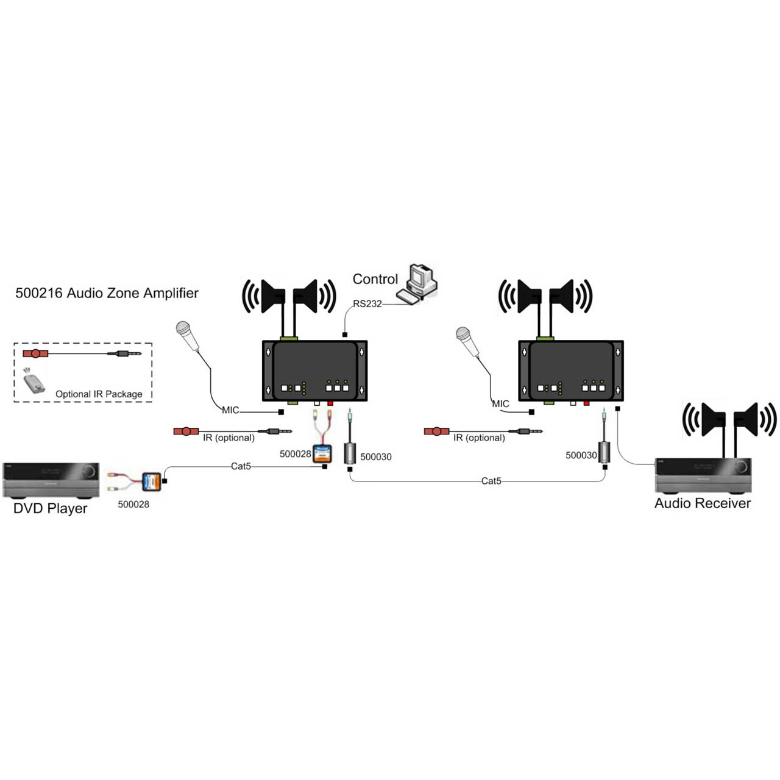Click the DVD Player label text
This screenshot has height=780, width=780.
coord(51,508)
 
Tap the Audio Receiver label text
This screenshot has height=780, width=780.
coord(702,503)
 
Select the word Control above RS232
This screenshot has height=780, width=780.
coord(375,279)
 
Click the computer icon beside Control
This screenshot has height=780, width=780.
coord(419,283)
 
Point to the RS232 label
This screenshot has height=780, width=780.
coord(367,304)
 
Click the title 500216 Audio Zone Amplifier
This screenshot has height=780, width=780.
coord(107,293)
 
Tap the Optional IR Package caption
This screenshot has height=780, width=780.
coord(99,394)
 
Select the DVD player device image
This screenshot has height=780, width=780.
coord(51,480)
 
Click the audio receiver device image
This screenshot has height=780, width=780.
coord(703,475)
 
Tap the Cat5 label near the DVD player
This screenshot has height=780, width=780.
coord(241,466)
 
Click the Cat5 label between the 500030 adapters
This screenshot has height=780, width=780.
coord(491,481)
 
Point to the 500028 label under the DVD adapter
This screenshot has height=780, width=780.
coord(133,504)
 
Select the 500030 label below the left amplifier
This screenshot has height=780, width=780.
coord(376,456)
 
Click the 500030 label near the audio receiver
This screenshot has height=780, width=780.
coord(581,455)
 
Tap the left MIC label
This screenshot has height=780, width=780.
coord(230,410)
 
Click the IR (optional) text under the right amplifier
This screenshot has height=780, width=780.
coord(479,438)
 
